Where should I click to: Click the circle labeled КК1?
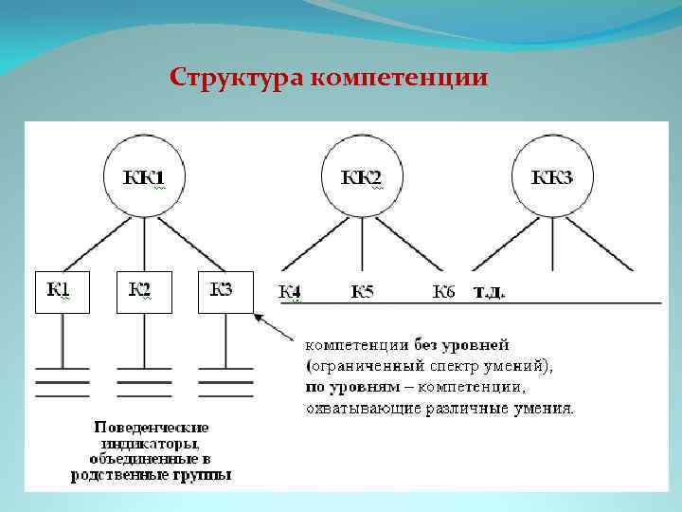pyautogui.click(x=144, y=177)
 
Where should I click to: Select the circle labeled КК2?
pyautogui.click(x=361, y=177)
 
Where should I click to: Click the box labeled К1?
pyautogui.click(x=63, y=291)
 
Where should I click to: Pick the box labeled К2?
pyautogui.click(x=144, y=291)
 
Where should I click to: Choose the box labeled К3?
pyautogui.click(x=225, y=291)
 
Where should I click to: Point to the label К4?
pyautogui.click(x=291, y=291)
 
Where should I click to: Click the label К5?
pyautogui.click(x=362, y=291)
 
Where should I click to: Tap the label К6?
pyautogui.click(x=443, y=291)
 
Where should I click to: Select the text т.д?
pyautogui.click(x=489, y=291)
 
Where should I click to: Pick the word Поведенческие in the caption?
pyautogui.click(x=152, y=428)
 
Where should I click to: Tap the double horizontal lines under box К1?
pyautogui.click(x=63, y=381)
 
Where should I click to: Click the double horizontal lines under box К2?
pyautogui.click(x=144, y=381)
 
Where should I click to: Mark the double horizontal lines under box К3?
pyautogui.click(x=225, y=381)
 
